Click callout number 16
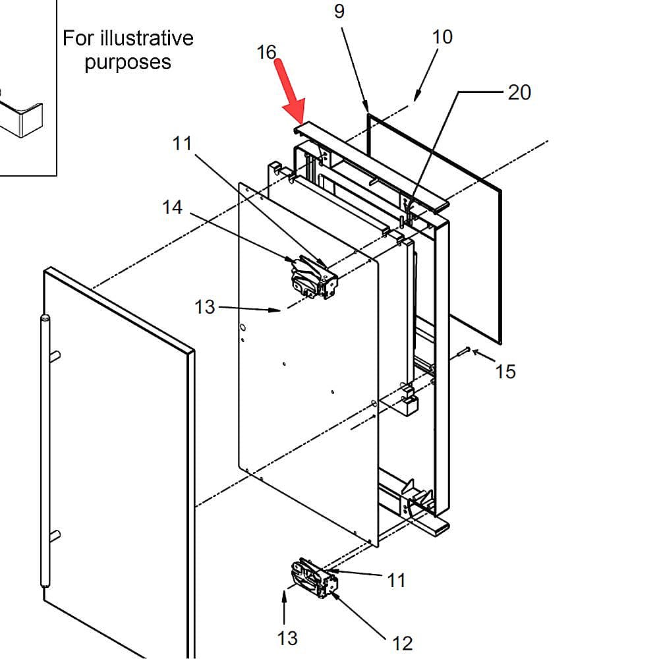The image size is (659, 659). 266,52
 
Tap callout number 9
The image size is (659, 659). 339,11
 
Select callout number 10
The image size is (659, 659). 443,37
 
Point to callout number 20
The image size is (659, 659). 519,93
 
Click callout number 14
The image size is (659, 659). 172,207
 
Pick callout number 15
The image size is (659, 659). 505,372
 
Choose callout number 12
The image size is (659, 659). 402,643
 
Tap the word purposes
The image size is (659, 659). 128,63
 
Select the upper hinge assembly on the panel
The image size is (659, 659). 312,277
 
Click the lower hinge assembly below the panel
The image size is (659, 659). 314,578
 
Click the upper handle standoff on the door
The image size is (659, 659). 55,357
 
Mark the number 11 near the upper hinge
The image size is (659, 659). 183,143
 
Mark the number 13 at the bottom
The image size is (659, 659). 287,638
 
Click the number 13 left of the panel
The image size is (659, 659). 205,307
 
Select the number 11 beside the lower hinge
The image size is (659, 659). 396,580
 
